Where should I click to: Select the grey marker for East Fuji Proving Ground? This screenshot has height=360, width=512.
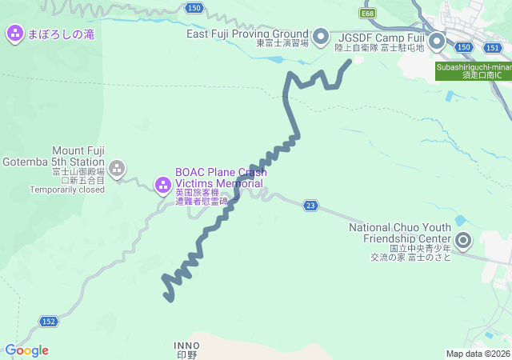pyautogui.click(x=321, y=36)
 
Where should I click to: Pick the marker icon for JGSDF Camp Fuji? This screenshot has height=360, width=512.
pyautogui.click(x=437, y=39)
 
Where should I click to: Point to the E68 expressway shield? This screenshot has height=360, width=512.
pyautogui.click(x=368, y=14)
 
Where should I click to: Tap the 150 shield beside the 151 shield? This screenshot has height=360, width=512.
pyautogui.click(x=463, y=48)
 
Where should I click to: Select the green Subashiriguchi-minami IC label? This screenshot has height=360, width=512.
pyautogui.click(x=473, y=70)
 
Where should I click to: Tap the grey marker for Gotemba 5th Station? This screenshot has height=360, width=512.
pyautogui.click(x=117, y=168)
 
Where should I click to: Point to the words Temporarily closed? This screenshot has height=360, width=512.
pyautogui.click(x=67, y=190)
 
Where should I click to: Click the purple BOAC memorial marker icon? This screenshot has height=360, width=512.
pyautogui.click(x=162, y=186)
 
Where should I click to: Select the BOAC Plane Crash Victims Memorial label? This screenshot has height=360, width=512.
pyautogui.click(x=221, y=178)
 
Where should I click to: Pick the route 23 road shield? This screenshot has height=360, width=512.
pyautogui.click(x=310, y=206)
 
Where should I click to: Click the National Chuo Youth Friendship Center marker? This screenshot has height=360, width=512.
pyautogui.click(x=463, y=239)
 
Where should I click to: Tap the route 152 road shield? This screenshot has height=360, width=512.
pyautogui.click(x=49, y=322)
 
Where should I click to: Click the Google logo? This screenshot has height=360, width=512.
pyautogui.click(x=26, y=350)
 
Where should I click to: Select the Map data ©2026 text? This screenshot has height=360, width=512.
pyautogui.click(x=477, y=354)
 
